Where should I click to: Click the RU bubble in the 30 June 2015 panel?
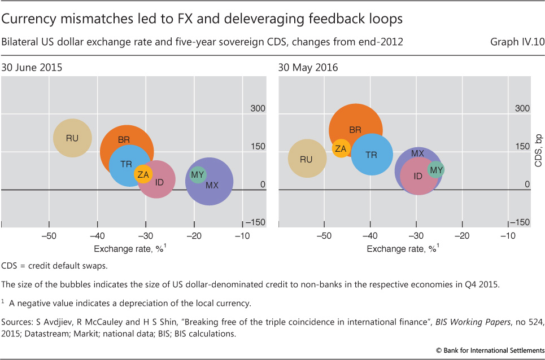72,138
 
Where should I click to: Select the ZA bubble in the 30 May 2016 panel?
341,148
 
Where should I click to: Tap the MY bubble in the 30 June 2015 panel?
198,175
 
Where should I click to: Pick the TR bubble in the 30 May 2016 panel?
372,154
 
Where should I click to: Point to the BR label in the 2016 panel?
355,130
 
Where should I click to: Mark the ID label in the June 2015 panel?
160,182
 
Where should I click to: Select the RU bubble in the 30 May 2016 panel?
307,160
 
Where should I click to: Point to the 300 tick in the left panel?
257,108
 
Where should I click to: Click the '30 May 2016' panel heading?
308,67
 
